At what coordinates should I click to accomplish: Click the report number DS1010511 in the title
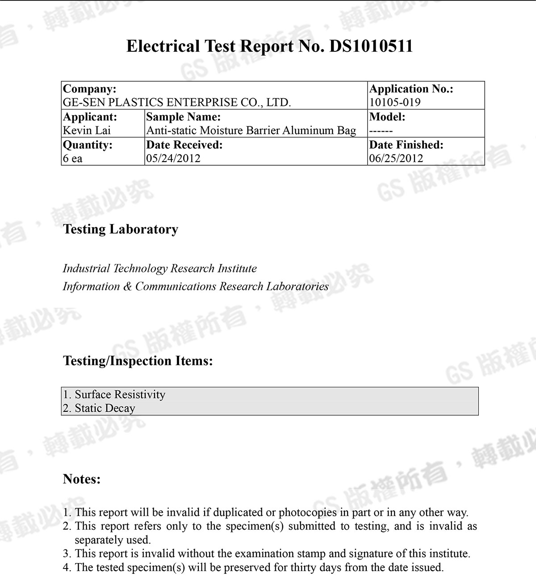coord(371,46)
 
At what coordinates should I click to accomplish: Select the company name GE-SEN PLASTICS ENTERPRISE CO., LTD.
coord(177,103)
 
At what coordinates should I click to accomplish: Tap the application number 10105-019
coord(395,103)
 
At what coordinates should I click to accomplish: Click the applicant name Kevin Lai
coord(87,130)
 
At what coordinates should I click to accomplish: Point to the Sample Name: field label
coord(183,117)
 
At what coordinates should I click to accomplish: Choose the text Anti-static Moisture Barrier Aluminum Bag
coord(251,130)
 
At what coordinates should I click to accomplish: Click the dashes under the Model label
coord(381,131)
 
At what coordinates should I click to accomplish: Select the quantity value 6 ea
coord(73,159)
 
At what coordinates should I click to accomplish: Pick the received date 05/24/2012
coord(173,159)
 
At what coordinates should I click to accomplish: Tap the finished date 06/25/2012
coord(396,159)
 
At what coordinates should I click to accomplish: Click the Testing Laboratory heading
coord(121,229)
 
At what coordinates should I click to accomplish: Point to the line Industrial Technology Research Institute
coord(159,268)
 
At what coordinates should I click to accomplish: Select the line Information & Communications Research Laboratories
coord(196,286)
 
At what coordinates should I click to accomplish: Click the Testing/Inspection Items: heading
coord(138,360)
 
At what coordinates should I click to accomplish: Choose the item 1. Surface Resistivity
coord(114,394)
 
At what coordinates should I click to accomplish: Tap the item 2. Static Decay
coord(99,408)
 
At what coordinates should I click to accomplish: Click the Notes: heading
coord(82,479)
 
